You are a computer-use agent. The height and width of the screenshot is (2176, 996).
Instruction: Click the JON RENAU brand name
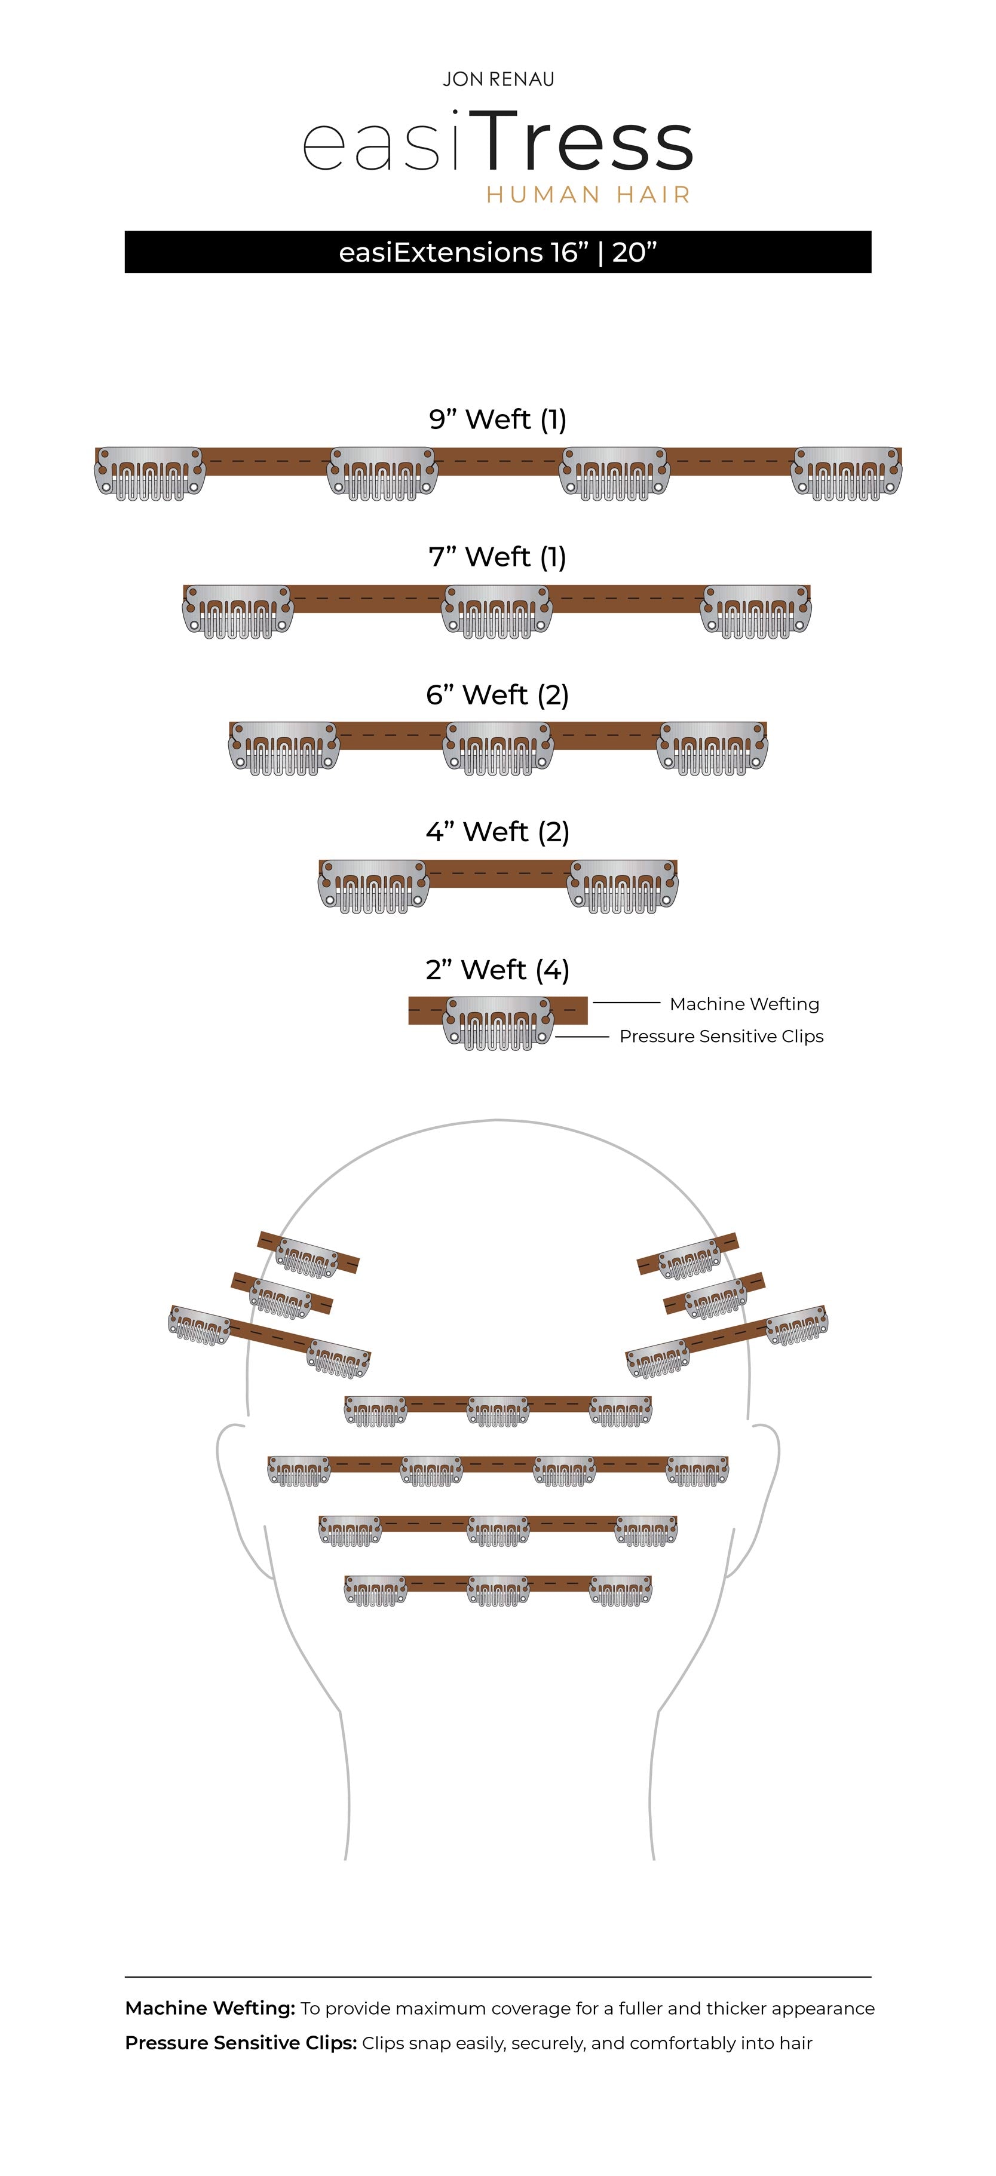click(x=498, y=79)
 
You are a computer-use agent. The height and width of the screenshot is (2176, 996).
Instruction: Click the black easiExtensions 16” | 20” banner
click(x=498, y=252)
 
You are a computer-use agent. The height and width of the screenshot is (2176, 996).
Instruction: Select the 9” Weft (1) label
click(x=498, y=419)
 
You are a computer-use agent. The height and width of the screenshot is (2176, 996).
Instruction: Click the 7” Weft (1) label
click(x=498, y=557)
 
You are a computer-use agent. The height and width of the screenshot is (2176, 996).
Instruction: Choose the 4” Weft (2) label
click(x=498, y=832)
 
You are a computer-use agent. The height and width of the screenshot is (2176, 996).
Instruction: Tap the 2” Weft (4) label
click(x=498, y=970)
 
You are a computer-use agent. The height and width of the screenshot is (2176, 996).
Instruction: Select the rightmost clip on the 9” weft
click(x=847, y=473)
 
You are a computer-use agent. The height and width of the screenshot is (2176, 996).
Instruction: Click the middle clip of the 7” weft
click(x=498, y=611)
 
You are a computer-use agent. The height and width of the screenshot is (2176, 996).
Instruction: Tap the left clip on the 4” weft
click(x=373, y=886)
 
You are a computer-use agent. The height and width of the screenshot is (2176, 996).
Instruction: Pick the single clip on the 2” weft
click(x=498, y=1023)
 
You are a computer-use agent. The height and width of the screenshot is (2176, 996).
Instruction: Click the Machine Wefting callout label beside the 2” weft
click(x=744, y=1004)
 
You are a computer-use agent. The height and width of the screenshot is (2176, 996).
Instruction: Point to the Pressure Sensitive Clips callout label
click(x=721, y=1037)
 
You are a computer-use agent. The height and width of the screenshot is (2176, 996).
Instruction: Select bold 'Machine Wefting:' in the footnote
click(x=210, y=2008)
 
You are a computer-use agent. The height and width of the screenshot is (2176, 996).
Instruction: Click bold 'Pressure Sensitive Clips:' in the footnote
click(x=241, y=2043)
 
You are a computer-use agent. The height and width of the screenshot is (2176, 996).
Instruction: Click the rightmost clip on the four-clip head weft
click(x=697, y=1470)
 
